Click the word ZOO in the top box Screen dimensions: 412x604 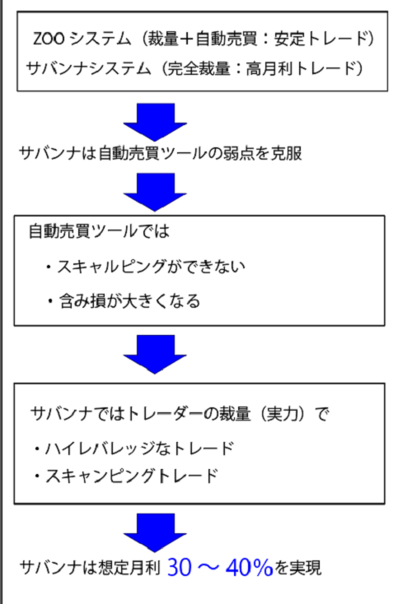tap(49, 39)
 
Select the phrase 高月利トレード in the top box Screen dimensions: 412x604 tap(300, 69)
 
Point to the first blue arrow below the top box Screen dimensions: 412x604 tap(155, 122)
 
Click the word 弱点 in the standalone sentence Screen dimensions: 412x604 tap(238, 153)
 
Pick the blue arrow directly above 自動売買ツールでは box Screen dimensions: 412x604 tap(155, 192)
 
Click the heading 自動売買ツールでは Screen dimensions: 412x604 tap(99, 231)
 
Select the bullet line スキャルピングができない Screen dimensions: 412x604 tap(151, 267)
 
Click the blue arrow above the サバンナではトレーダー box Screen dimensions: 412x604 tap(155, 354)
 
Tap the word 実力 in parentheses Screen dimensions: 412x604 tap(283, 414)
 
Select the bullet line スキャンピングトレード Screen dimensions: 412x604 tap(132, 476)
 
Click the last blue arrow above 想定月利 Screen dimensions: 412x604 tap(155, 532)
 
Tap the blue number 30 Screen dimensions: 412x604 tap(180, 568)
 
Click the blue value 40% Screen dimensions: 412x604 tap(249, 568)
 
